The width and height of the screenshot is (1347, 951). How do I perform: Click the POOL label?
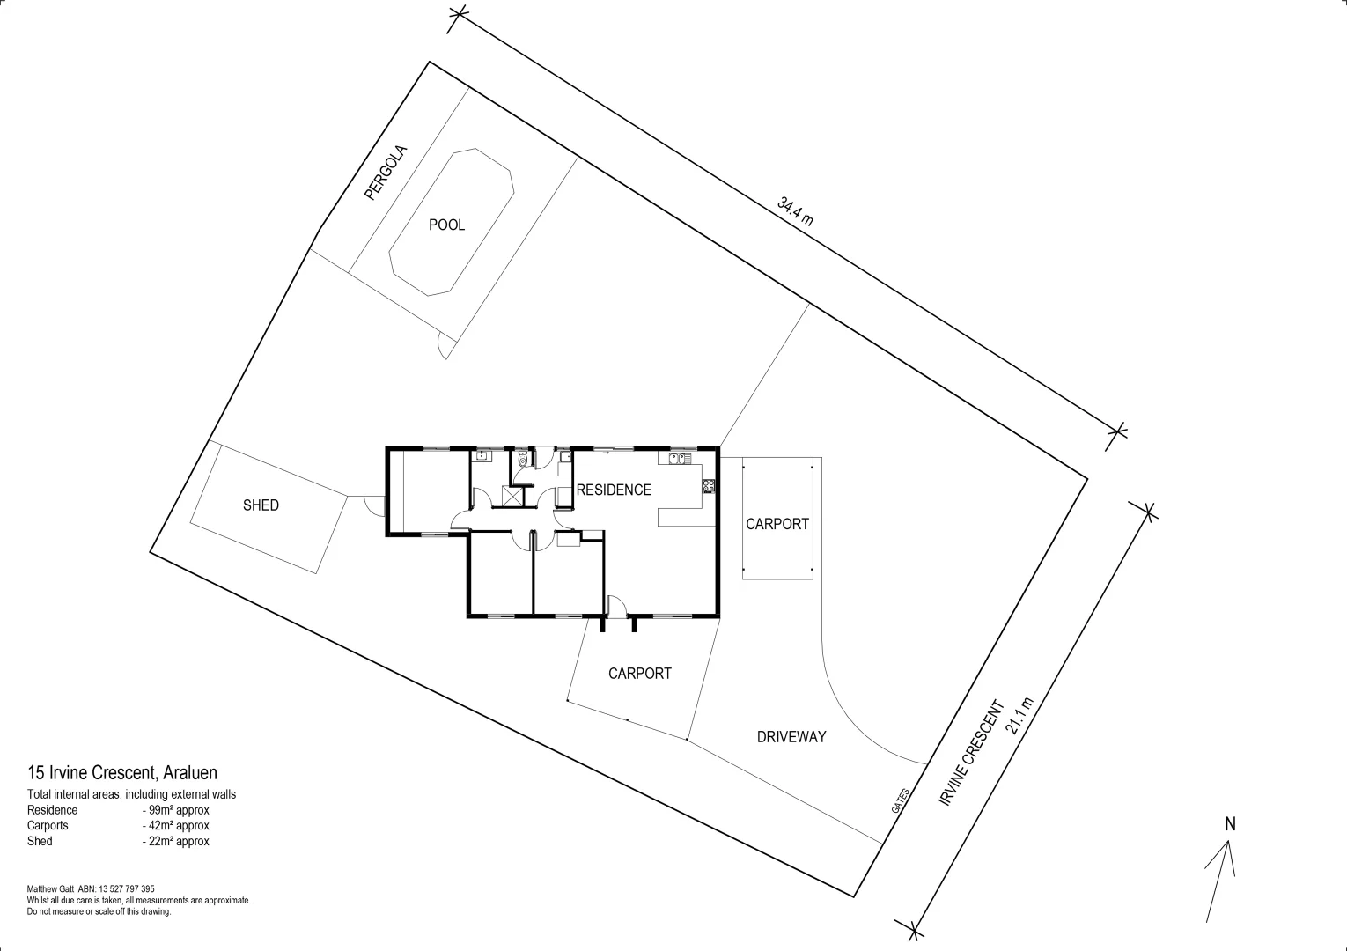[x=446, y=225]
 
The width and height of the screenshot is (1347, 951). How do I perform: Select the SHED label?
[x=261, y=505]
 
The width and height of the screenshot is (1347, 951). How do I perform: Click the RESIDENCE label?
[x=614, y=490]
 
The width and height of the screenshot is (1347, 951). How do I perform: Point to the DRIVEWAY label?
[x=791, y=737]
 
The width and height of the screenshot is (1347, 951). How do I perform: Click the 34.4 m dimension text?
[x=795, y=212]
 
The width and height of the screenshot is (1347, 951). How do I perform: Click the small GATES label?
[x=899, y=800]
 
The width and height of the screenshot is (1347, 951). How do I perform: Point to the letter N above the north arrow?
[x=1231, y=825]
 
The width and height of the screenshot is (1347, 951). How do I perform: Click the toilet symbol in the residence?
[x=523, y=459]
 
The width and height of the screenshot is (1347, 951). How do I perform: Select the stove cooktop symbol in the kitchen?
[x=709, y=486]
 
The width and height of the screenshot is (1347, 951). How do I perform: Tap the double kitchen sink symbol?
[x=678, y=458]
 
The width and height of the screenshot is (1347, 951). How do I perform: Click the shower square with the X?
[x=512, y=496]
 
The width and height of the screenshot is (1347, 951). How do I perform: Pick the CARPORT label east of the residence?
[x=777, y=524]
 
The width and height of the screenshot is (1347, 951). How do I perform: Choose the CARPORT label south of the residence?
[x=640, y=674]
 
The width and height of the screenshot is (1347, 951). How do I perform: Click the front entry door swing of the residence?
[x=617, y=606]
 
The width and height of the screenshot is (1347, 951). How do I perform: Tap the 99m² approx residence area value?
[x=175, y=810]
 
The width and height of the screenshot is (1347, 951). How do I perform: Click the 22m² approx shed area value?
[x=175, y=842]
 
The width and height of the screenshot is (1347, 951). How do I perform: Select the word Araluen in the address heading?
[x=190, y=774]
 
